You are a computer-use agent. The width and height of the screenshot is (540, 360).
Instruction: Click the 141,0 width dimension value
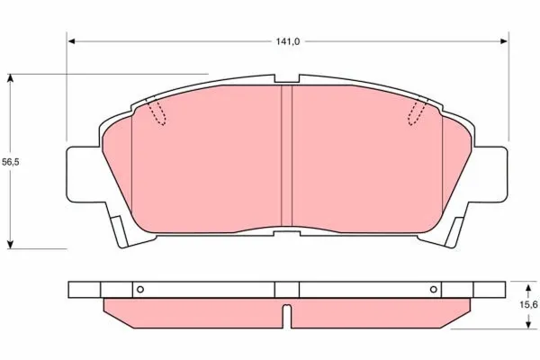pyautogui.click(x=288, y=41)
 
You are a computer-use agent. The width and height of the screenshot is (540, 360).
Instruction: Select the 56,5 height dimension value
pyautogui.click(x=11, y=162)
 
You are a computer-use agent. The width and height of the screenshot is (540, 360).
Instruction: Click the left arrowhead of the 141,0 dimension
pyautogui.click(x=72, y=41)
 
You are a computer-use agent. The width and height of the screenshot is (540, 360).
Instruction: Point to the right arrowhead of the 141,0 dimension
pyautogui.click(x=504, y=41)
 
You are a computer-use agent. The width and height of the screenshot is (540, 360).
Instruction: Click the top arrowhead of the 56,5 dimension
pyautogui.click(x=11, y=78)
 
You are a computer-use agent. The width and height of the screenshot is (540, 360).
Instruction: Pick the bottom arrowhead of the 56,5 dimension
pyautogui.click(x=11, y=244)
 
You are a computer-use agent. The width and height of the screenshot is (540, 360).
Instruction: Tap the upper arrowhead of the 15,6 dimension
pyautogui.click(x=527, y=288)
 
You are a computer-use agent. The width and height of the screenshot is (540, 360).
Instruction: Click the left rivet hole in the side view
pyautogui.click(x=140, y=290)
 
